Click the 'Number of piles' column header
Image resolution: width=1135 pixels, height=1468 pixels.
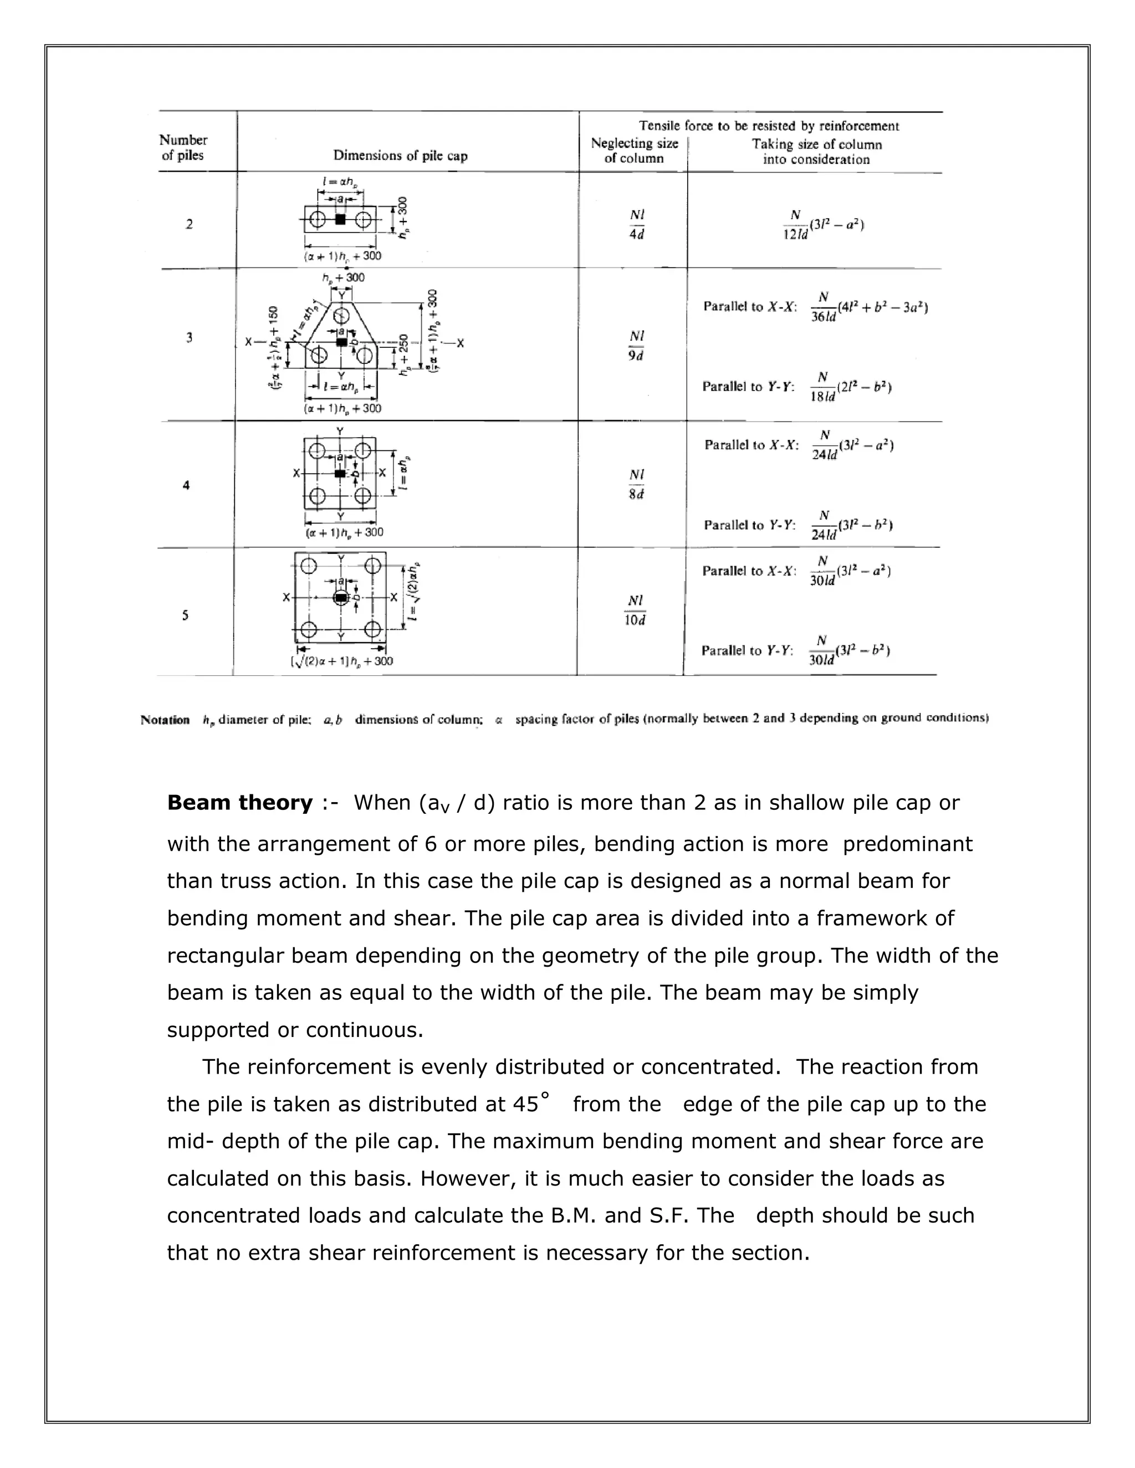183,147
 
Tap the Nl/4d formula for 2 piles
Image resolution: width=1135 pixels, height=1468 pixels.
636,224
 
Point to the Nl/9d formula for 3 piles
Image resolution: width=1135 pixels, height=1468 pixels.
636,346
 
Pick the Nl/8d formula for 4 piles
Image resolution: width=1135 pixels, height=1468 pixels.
636,484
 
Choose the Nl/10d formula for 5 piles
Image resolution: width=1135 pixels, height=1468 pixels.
635,610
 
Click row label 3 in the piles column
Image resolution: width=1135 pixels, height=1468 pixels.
189,337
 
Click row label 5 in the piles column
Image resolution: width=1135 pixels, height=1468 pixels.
186,615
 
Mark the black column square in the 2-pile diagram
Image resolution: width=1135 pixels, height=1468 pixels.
340,219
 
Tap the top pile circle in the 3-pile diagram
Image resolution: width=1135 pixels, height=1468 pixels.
341,316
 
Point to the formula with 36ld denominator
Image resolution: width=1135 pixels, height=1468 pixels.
871,307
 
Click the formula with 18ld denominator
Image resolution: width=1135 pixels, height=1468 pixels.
851,387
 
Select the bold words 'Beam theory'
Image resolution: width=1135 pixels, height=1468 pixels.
239,803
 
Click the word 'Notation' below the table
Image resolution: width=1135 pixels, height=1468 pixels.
165,720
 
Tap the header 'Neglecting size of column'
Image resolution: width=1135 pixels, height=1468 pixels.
634,151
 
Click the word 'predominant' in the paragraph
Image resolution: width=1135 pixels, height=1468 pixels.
907,844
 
